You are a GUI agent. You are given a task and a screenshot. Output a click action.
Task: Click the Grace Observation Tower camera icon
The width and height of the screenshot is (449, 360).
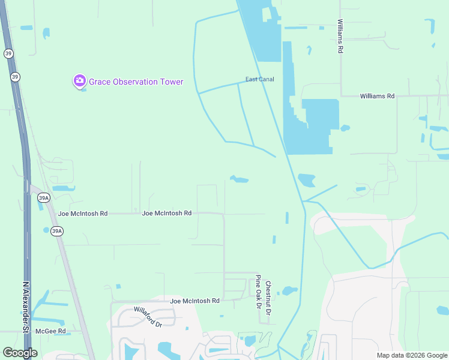(79, 81)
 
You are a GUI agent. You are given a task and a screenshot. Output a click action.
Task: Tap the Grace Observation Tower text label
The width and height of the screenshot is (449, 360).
(136, 82)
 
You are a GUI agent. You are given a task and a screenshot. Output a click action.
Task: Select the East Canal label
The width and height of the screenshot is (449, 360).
(259, 79)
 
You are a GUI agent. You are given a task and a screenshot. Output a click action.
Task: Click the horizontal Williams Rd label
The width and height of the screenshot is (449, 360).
(377, 96)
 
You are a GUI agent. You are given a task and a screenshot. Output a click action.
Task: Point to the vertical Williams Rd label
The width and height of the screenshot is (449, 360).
(340, 37)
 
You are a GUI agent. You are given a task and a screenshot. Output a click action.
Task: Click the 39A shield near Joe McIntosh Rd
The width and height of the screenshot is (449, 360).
(57, 230)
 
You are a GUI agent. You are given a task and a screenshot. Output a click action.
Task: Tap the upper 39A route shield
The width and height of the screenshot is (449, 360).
(43, 197)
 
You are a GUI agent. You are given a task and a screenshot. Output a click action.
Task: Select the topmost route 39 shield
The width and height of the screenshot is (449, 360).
(7, 53)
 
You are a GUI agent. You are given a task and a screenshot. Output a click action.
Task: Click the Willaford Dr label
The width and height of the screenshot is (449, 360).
(148, 316)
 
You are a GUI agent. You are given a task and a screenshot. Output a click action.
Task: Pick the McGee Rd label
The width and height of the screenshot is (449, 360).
(50, 331)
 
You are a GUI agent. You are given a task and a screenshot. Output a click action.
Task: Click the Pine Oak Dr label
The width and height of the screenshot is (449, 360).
(259, 291)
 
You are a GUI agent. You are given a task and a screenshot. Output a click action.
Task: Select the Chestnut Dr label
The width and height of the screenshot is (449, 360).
(269, 298)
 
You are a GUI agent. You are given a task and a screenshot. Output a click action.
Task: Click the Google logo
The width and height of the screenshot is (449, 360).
(20, 352)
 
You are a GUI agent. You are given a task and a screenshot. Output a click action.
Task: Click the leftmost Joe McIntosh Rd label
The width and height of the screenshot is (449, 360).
(83, 213)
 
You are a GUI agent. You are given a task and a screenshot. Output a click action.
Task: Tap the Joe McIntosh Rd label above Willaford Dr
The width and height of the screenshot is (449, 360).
(195, 301)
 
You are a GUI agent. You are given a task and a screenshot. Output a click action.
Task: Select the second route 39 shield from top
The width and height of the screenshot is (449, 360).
(15, 77)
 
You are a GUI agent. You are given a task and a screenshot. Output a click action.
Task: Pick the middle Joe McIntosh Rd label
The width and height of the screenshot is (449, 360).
(166, 213)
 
